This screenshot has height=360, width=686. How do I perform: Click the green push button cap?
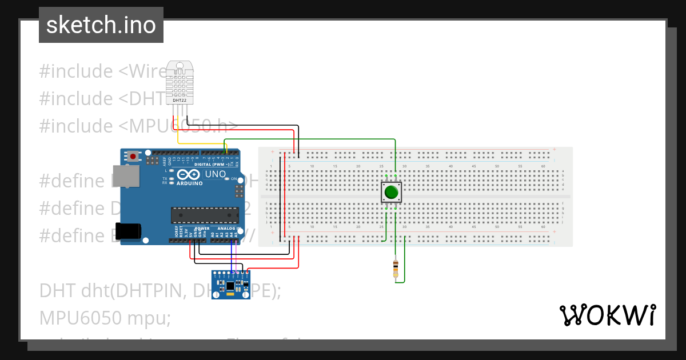tap(391, 192)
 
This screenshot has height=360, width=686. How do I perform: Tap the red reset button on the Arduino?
tap(133, 156)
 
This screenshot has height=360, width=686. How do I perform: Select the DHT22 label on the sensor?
tap(180, 100)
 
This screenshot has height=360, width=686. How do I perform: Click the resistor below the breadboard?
tap(396, 269)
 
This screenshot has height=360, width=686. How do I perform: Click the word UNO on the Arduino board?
tap(215, 174)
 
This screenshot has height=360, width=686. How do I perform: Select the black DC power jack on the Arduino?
tap(127, 230)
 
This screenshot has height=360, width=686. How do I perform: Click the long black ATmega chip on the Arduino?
tap(205, 215)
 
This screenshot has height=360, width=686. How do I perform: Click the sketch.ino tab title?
tap(101, 25)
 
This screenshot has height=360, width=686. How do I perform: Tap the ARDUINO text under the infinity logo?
tap(189, 183)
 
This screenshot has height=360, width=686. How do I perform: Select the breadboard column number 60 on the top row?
tap(543, 166)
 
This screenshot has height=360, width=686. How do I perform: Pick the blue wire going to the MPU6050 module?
tap(232, 257)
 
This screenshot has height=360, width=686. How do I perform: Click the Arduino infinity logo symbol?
tap(189, 174)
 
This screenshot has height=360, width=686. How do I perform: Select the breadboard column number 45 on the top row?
tap(474, 166)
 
